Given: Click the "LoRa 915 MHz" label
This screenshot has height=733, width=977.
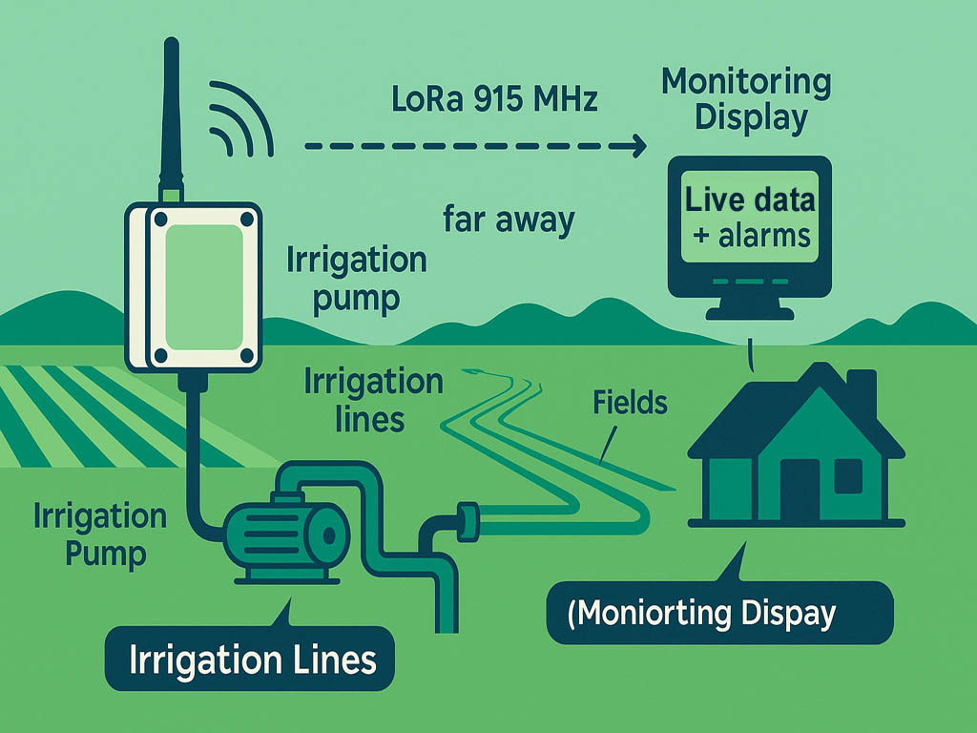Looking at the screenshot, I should pyautogui.click(x=495, y=98).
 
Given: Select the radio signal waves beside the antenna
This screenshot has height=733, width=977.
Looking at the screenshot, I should pyautogui.click(x=239, y=119).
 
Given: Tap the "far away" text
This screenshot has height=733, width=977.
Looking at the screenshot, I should pyautogui.click(x=509, y=220).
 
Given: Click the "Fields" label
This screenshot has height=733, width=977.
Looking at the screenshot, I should pyautogui.click(x=630, y=402).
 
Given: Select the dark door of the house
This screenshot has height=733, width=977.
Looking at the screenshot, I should pyautogui.click(x=799, y=487).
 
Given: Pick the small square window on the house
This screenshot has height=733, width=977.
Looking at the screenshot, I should pyautogui.click(x=848, y=475).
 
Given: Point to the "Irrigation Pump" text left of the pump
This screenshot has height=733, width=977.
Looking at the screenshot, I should pyautogui.click(x=99, y=534).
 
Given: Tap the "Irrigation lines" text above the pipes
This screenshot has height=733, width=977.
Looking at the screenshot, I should pyautogui.click(x=373, y=400).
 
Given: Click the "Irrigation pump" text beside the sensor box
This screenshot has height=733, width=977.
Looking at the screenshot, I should pyautogui.click(x=356, y=278).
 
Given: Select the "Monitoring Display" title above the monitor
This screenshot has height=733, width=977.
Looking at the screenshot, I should pyautogui.click(x=747, y=99).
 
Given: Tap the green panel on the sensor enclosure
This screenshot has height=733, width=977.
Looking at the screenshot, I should pyautogui.click(x=202, y=286).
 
